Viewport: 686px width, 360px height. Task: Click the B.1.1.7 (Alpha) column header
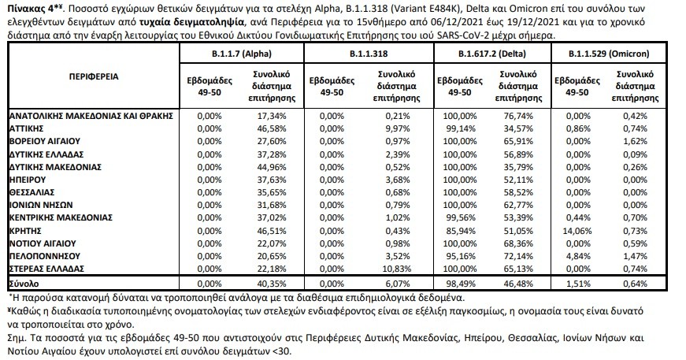242,54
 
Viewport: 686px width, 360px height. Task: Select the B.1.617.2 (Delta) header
491,54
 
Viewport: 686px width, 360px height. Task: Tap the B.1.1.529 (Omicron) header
609,54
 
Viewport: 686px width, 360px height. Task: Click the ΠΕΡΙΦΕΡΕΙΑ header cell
94,76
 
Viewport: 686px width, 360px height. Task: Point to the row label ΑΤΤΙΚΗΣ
26,128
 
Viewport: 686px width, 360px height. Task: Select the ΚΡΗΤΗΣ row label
25,231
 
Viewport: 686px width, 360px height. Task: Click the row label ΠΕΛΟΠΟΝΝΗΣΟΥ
45,256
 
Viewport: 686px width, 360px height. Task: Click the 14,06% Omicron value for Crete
577,231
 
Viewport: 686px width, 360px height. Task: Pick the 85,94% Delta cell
460,231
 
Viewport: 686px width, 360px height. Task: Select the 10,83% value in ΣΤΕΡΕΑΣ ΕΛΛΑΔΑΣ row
397,269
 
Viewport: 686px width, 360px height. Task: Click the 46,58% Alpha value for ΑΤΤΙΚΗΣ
272,128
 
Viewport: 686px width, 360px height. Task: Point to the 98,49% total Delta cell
460,284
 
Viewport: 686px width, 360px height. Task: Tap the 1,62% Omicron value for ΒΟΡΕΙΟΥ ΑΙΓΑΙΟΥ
635,141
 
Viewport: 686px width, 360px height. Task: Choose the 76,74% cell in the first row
518,116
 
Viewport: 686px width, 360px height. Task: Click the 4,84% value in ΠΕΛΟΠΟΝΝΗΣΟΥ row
578,256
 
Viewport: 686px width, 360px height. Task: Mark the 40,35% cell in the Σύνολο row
272,284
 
